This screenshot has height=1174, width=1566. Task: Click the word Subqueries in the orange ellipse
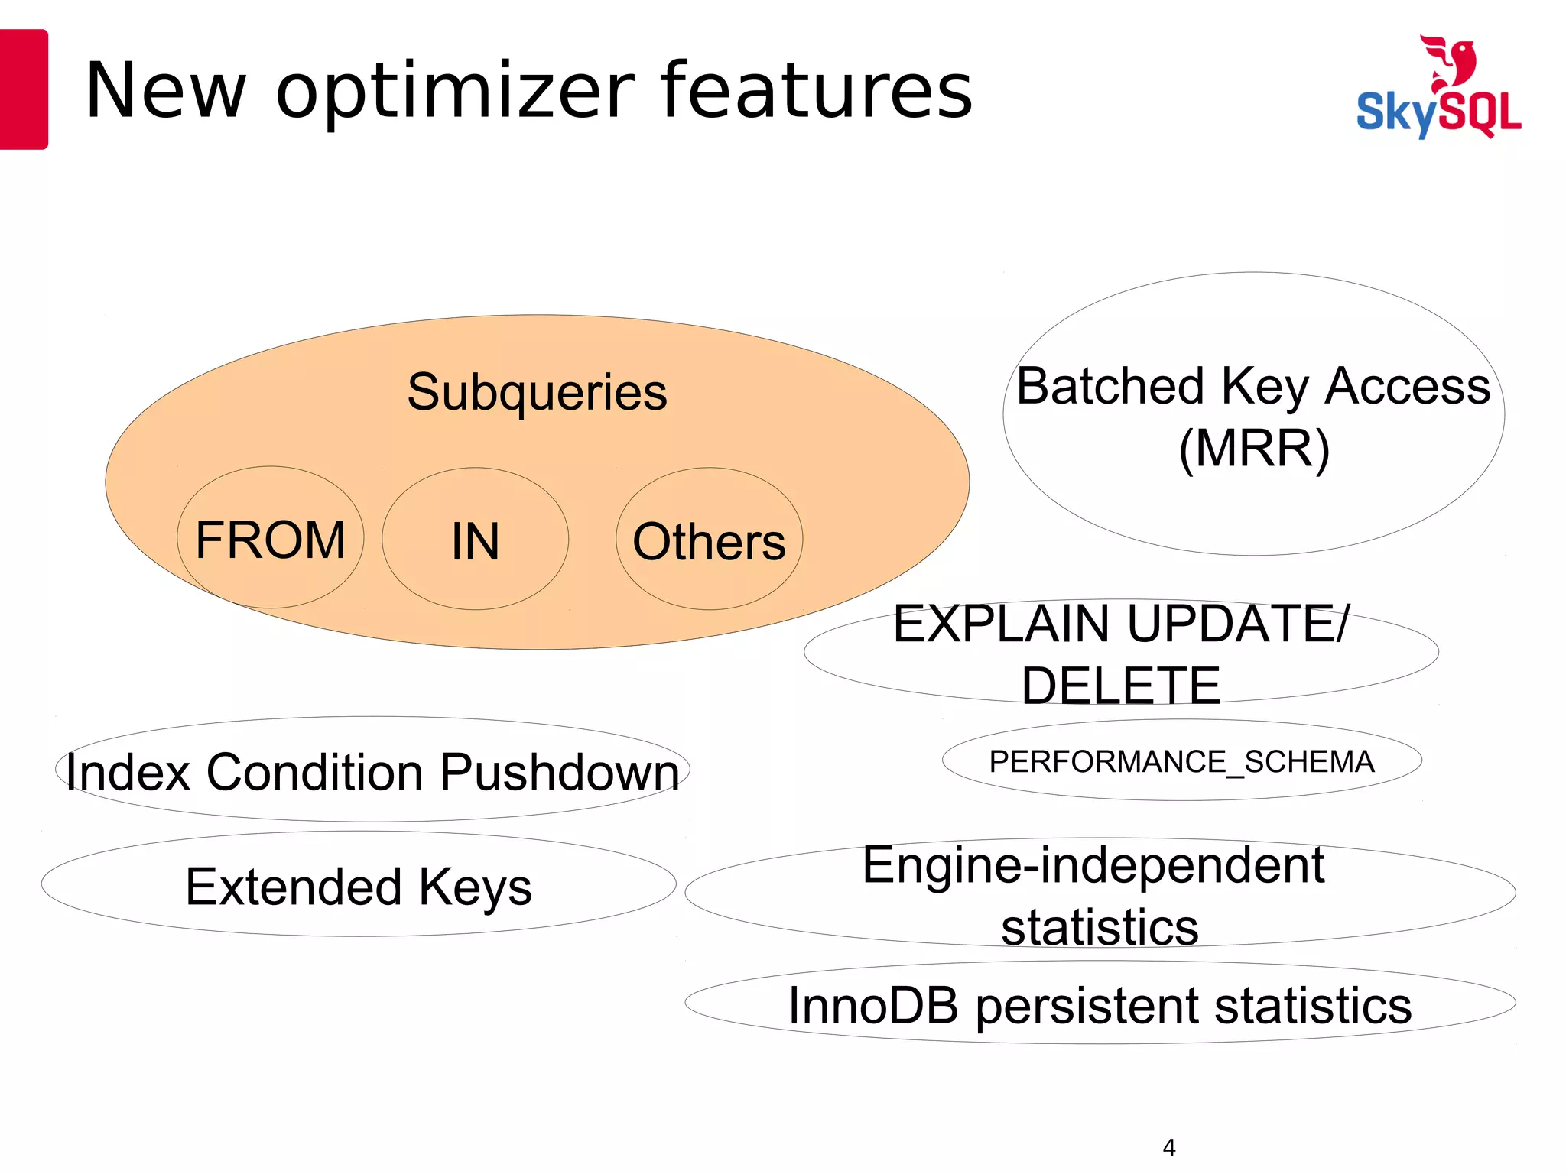point(537,393)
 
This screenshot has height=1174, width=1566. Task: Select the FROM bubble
point(270,539)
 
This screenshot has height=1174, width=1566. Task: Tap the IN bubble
point(475,540)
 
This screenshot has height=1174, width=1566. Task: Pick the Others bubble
point(709,541)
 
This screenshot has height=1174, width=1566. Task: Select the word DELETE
point(1121,686)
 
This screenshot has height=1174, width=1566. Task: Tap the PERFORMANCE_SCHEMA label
point(1181,761)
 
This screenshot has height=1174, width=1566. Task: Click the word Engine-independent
point(1093,865)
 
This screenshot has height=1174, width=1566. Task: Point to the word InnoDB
point(873,1005)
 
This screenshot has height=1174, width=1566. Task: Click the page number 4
point(1168,1146)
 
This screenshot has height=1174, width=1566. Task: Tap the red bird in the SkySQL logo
point(1450,61)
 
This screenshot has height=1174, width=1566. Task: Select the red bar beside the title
point(23,89)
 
